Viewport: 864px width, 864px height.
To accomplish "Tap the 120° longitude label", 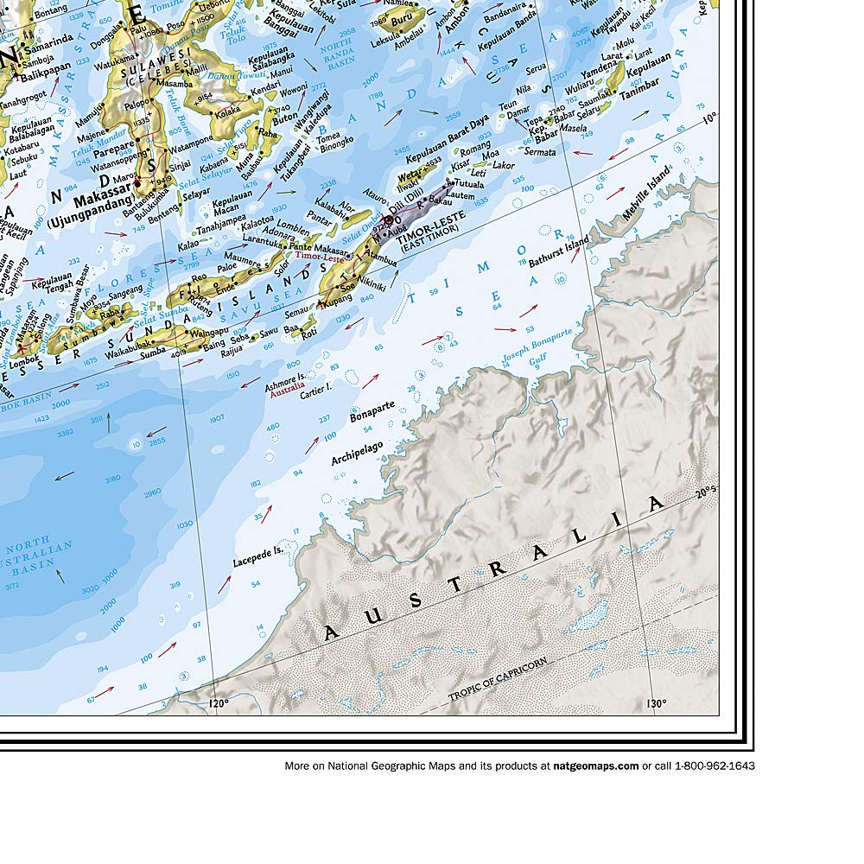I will coord(219,704).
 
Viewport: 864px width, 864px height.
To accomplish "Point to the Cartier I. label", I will coord(316,391).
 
